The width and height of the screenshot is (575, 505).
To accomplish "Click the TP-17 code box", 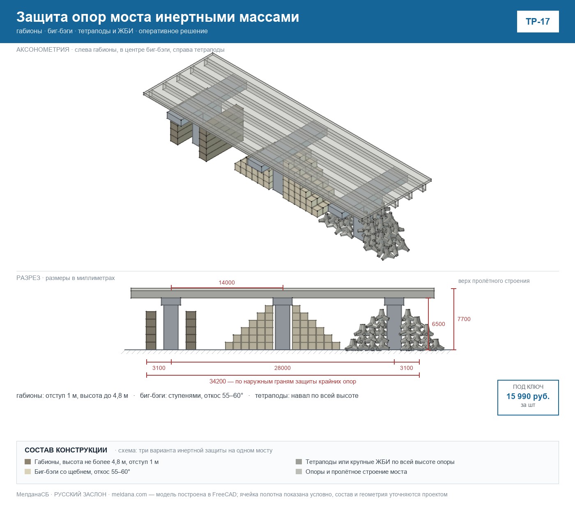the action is (x=538, y=22).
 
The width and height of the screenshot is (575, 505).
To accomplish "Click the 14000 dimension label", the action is (x=227, y=282).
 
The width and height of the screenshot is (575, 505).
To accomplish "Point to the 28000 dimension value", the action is (x=283, y=368).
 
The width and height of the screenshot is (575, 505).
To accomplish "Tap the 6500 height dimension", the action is (x=439, y=324).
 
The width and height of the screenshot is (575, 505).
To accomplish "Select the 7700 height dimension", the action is (x=464, y=319).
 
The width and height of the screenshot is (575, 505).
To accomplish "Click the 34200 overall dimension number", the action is (x=218, y=381).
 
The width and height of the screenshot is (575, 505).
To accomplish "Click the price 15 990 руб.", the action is (x=528, y=396).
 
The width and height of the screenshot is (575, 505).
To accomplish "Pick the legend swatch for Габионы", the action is (x=28, y=461).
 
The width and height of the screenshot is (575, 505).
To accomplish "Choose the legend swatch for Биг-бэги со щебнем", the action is (x=28, y=471).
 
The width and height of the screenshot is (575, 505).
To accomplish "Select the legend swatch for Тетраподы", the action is (x=299, y=461).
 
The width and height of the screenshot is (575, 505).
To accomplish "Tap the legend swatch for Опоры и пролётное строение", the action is (x=299, y=471).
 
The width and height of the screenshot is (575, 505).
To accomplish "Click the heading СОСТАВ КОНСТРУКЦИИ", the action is (x=66, y=450).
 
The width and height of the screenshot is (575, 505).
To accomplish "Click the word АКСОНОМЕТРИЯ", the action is (x=43, y=50).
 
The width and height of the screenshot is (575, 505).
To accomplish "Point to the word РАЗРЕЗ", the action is (x=28, y=278).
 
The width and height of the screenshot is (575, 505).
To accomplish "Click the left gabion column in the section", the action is (x=151, y=331).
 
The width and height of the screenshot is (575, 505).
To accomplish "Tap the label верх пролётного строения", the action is (x=494, y=281).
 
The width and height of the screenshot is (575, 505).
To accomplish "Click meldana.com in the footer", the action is (x=129, y=494).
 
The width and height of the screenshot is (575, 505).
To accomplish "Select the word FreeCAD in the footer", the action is (x=224, y=494).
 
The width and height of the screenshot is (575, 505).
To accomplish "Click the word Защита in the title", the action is (x=42, y=17).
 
